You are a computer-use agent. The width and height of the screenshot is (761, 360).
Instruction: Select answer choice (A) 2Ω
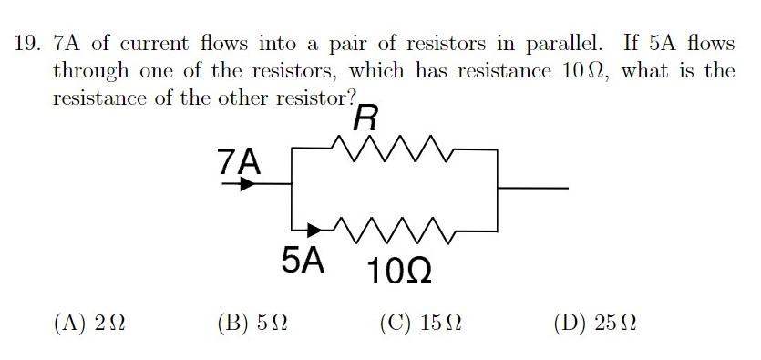pos(89,323)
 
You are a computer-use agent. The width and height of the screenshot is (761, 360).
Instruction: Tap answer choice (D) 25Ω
pos(593,323)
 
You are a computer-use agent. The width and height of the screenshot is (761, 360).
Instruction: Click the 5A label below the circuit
pos(303,262)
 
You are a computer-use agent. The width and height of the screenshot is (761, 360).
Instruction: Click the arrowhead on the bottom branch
pos(315,229)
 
